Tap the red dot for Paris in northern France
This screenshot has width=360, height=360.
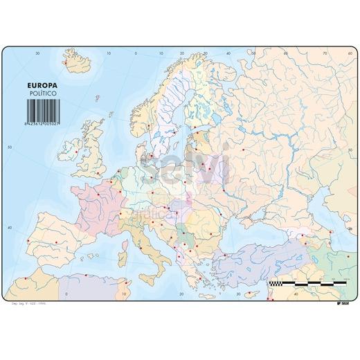pyautogui.click(x=98, y=194)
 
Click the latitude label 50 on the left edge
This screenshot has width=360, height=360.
pyautogui.click(x=9, y=147)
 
